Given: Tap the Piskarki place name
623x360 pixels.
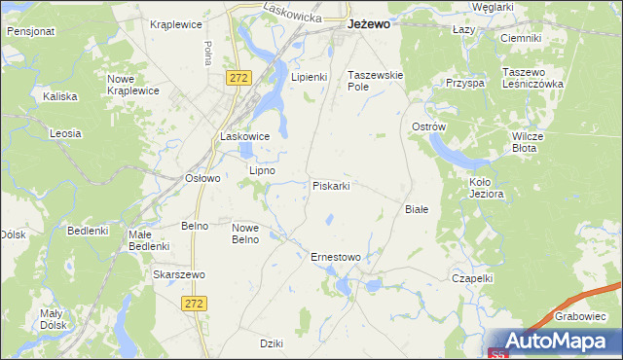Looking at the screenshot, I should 331,185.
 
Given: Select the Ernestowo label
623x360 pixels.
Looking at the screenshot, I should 335,257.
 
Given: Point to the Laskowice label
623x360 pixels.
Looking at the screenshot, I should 244,136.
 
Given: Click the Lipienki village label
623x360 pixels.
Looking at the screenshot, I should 310,76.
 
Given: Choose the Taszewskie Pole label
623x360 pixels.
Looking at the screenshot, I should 376,81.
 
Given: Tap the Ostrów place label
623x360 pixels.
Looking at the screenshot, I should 428,127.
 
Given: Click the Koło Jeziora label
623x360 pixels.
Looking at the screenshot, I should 486,188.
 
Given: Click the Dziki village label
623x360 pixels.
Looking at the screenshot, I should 272,342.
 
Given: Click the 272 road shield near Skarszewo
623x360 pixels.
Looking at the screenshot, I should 193,304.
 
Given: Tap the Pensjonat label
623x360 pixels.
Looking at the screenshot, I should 30,31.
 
